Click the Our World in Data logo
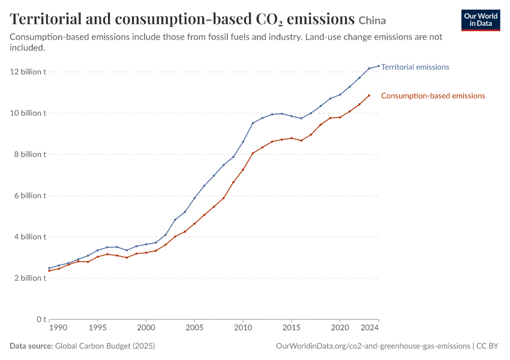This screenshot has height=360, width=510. click(481, 20)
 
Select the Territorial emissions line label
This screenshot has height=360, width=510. click(415, 67)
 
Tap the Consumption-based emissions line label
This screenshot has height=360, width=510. click(433, 95)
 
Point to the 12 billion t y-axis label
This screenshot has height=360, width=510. click(28, 71)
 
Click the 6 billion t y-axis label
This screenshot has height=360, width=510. click(30, 196)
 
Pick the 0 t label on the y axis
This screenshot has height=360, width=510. click(41, 319)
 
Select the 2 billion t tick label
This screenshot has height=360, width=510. click(30, 278)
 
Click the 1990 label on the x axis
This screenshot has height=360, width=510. click(58, 328)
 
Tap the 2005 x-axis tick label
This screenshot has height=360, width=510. click(194, 328)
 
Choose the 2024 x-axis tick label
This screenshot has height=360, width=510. click(370, 328)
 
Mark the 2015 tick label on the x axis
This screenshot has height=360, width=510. click(292, 328)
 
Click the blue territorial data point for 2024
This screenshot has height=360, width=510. click(379, 66)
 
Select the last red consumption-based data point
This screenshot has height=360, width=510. click(369, 95)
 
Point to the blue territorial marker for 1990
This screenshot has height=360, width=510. click(49, 268)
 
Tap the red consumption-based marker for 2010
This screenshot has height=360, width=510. click(243, 170)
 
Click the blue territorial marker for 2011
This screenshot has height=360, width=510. click(253, 123)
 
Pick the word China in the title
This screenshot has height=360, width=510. click(372, 20)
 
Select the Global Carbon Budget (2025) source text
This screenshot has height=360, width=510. click(105, 346)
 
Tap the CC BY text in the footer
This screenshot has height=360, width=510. click(487, 346)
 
